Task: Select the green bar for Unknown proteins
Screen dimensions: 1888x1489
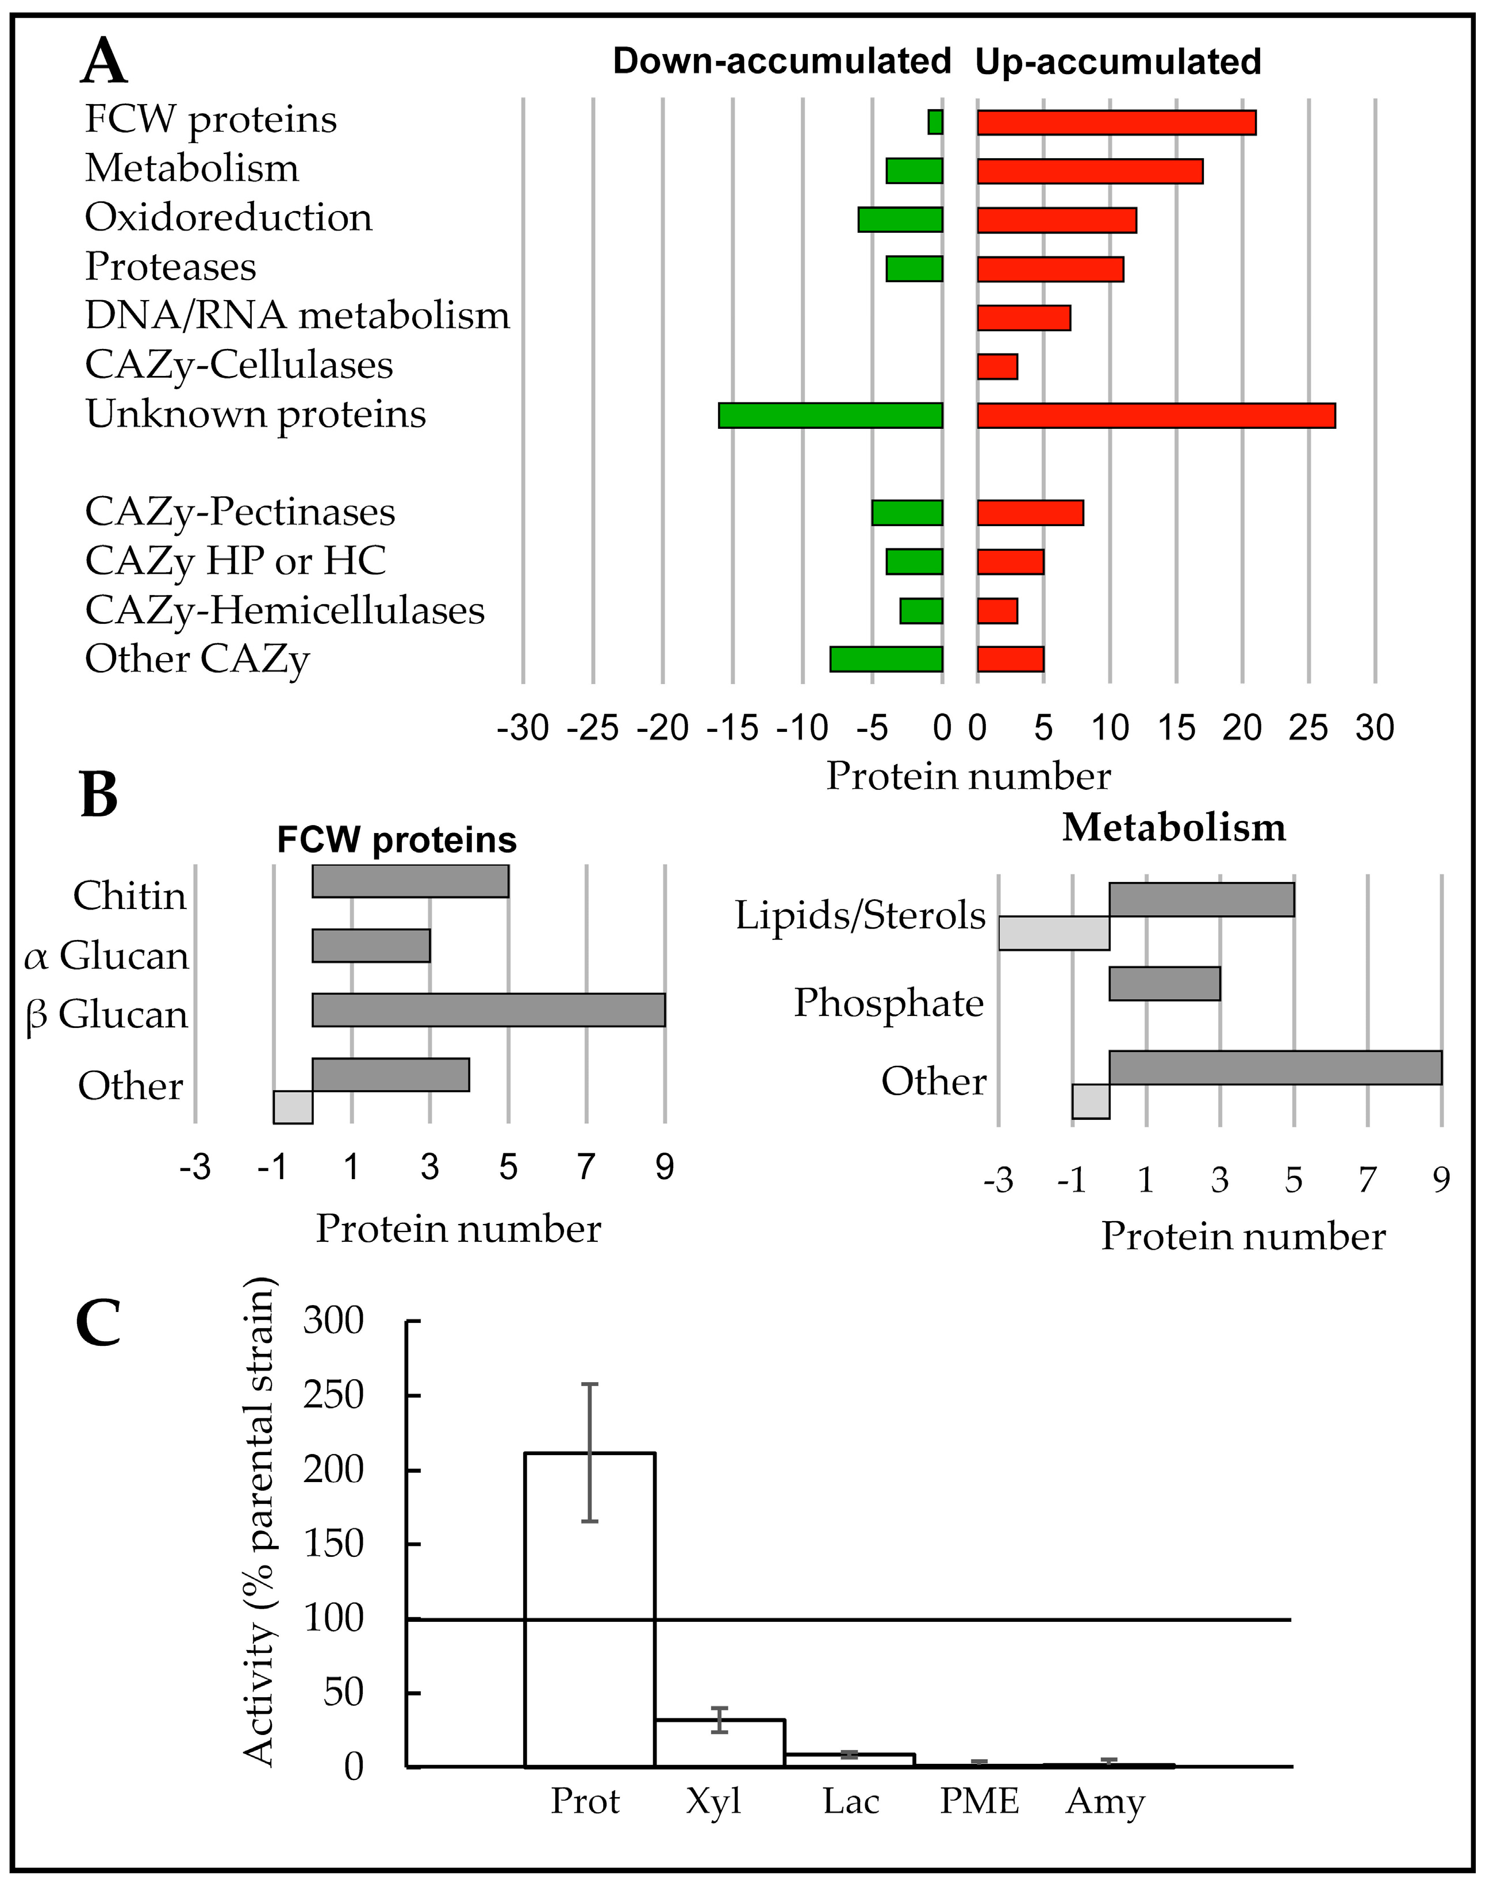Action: coord(830,416)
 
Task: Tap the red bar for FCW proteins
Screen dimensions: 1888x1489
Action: coord(1116,123)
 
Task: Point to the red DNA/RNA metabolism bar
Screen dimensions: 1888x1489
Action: coord(1023,318)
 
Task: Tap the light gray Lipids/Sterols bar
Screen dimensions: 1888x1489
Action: coord(1053,933)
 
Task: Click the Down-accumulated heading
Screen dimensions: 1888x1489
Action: coord(781,62)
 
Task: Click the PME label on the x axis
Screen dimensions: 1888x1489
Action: coord(979,1801)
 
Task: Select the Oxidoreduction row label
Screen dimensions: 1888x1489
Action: coord(228,218)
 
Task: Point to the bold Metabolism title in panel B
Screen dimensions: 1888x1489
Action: coord(1173,827)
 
